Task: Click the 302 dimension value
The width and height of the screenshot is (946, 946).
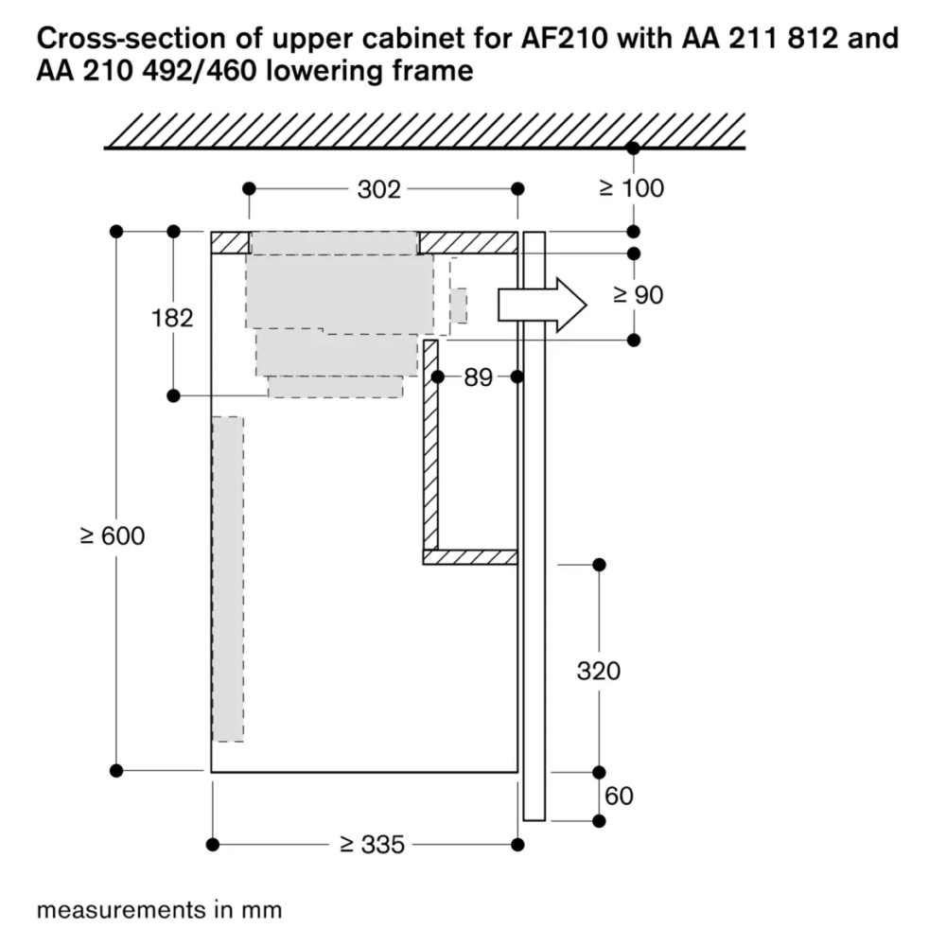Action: pos(379,189)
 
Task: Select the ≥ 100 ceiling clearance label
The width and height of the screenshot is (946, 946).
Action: pos(632,188)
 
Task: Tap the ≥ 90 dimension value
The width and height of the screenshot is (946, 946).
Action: pos(639,295)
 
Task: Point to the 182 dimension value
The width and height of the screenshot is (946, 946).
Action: pos(172,318)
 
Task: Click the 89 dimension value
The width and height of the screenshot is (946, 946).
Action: pos(479,377)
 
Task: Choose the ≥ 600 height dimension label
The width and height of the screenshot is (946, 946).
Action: pos(113,535)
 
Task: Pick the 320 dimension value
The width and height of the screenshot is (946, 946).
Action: pos(599,671)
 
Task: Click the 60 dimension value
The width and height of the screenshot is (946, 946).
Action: pos(619,797)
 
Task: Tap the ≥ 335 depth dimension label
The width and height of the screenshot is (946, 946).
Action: pos(372,845)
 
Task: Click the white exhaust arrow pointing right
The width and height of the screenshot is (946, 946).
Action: pos(542,305)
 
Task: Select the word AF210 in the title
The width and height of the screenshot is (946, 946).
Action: pos(564,39)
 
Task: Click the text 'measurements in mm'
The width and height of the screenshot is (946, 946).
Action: pos(159,910)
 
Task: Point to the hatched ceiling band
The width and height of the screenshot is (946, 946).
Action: pos(425,131)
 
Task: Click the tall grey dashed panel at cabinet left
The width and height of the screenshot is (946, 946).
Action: pos(228,579)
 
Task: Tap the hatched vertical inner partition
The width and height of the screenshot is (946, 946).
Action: pos(430,446)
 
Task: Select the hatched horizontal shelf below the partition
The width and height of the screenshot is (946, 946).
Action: pos(470,557)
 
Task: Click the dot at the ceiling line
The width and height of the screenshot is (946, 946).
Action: pos(633,148)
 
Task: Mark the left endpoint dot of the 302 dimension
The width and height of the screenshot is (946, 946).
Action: pos(249,189)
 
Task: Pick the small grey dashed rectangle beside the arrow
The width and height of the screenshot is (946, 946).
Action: pos(459,306)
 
